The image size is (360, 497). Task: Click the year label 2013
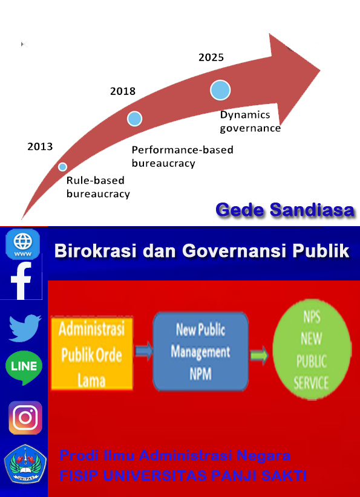pos(40,147)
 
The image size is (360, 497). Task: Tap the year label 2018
pos(123,91)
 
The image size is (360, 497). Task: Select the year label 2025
pos(211,57)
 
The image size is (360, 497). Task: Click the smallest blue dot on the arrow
pos(63,167)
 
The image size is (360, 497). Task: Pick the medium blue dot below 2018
pos(134,119)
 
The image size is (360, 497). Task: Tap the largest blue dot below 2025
pos(220,90)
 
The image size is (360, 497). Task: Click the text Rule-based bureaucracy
pos(98,187)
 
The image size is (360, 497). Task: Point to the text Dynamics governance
pos(250,122)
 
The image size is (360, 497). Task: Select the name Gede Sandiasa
pos(285,210)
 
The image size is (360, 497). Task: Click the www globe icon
pos(23,244)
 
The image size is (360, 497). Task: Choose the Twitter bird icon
pos(24,328)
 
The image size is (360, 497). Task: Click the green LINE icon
pos(24,368)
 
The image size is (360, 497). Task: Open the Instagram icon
pos(25,417)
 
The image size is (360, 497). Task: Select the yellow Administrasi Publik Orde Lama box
pos(92,354)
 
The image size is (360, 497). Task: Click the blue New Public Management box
pos(200,351)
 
